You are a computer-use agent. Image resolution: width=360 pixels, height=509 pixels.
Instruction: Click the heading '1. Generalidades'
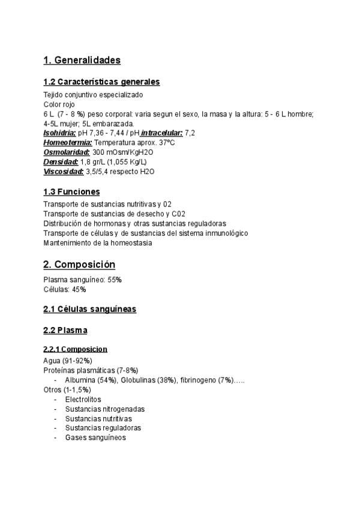pyautogui.click(x=82, y=60)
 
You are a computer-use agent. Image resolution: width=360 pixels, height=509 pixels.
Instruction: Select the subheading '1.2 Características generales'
pyautogui.click(x=101, y=82)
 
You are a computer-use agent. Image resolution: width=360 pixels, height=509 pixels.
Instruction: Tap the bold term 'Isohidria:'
pyautogui.click(x=60, y=133)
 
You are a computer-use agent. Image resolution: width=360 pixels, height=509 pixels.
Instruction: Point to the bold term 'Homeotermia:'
pyautogui.click(x=68, y=142)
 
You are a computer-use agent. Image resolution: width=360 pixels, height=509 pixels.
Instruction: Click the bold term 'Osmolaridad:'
pyautogui.click(x=67, y=152)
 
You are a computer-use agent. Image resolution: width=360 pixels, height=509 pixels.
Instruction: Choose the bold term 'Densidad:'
pyautogui.click(x=61, y=161)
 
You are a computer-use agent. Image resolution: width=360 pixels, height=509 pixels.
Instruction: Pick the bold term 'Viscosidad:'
pyautogui.click(x=63, y=171)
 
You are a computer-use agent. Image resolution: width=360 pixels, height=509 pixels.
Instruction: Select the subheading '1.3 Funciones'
pyautogui.click(x=71, y=192)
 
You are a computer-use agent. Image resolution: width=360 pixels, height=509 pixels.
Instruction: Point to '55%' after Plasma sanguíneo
pyautogui.click(x=115, y=280)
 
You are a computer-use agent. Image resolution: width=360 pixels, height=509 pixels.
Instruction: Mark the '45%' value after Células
pyautogui.click(x=79, y=289)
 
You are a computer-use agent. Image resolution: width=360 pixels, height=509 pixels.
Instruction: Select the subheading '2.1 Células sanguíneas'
pyautogui.click(x=89, y=309)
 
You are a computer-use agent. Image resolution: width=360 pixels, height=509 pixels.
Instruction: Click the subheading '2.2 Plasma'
pyautogui.click(x=65, y=330)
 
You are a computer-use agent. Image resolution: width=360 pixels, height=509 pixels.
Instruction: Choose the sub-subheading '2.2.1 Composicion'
pyautogui.click(x=75, y=349)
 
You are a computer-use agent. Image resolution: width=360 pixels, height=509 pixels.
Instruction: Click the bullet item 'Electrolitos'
pyautogui.click(x=83, y=399)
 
